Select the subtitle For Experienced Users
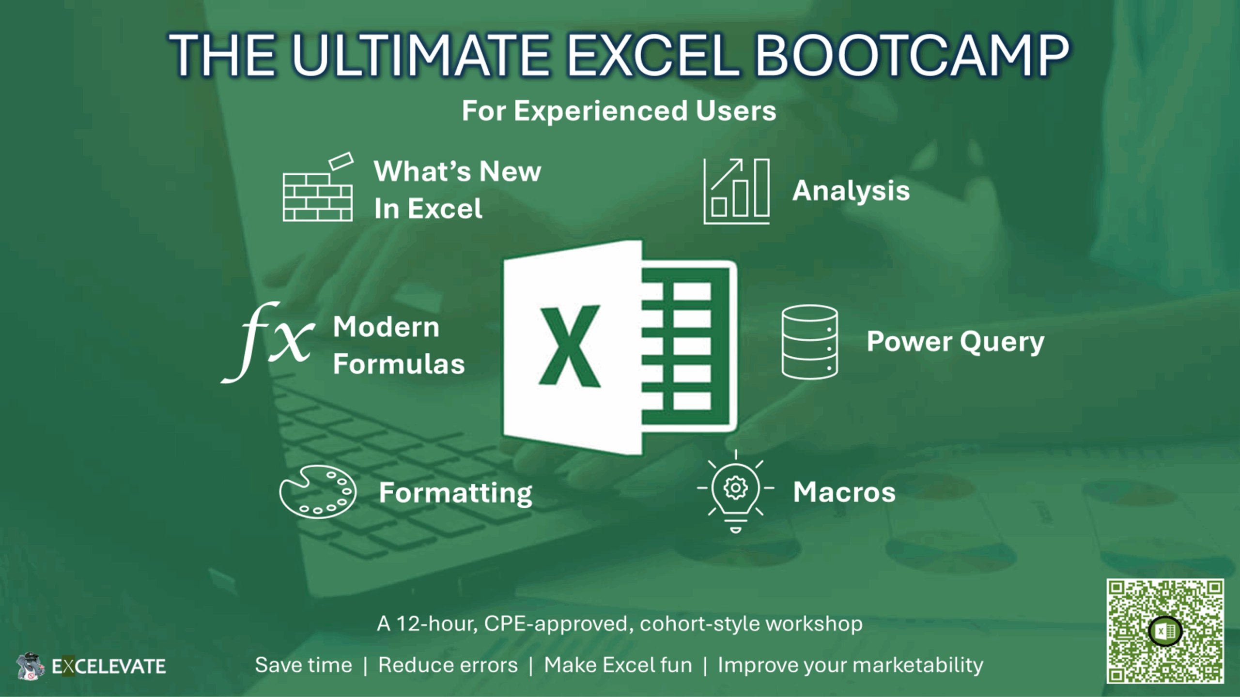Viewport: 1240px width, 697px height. click(619, 111)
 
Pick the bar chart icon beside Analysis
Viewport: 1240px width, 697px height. click(736, 191)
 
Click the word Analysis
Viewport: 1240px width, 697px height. click(851, 191)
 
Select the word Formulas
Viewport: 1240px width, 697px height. click(399, 364)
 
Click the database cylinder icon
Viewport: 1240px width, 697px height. click(809, 342)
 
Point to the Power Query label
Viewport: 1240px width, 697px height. click(955, 342)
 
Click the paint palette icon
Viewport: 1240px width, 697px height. click(318, 492)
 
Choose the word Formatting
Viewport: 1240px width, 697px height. click(455, 493)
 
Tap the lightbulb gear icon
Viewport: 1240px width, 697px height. click(735, 490)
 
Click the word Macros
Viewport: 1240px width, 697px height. click(844, 492)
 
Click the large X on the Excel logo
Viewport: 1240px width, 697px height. click(570, 347)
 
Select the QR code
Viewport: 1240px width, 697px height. click(1165, 631)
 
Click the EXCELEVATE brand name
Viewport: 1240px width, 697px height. click(108, 667)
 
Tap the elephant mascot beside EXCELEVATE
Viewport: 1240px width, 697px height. click(30, 666)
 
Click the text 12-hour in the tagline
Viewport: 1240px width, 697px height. click(436, 624)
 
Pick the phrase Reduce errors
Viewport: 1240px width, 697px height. click(448, 665)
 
